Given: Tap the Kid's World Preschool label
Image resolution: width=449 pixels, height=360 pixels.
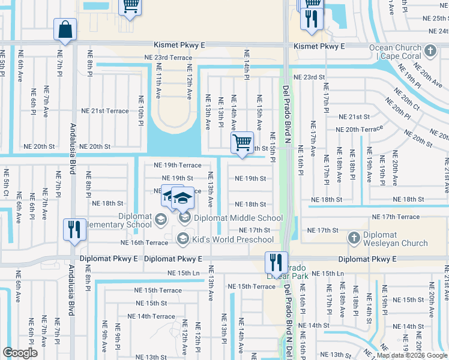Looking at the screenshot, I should (x=233, y=239).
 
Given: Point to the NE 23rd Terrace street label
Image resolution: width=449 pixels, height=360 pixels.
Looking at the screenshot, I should (x=168, y=58).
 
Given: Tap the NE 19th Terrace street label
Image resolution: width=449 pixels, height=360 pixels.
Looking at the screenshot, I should (x=178, y=165).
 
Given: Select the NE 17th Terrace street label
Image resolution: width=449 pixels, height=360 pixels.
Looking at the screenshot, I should (x=396, y=217).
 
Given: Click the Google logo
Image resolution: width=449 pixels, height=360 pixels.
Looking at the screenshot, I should (x=20, y=353).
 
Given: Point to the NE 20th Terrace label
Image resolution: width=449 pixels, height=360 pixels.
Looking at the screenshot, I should (x=359, y=130).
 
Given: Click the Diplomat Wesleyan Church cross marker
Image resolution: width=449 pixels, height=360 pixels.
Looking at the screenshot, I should (x=355, y=238).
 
